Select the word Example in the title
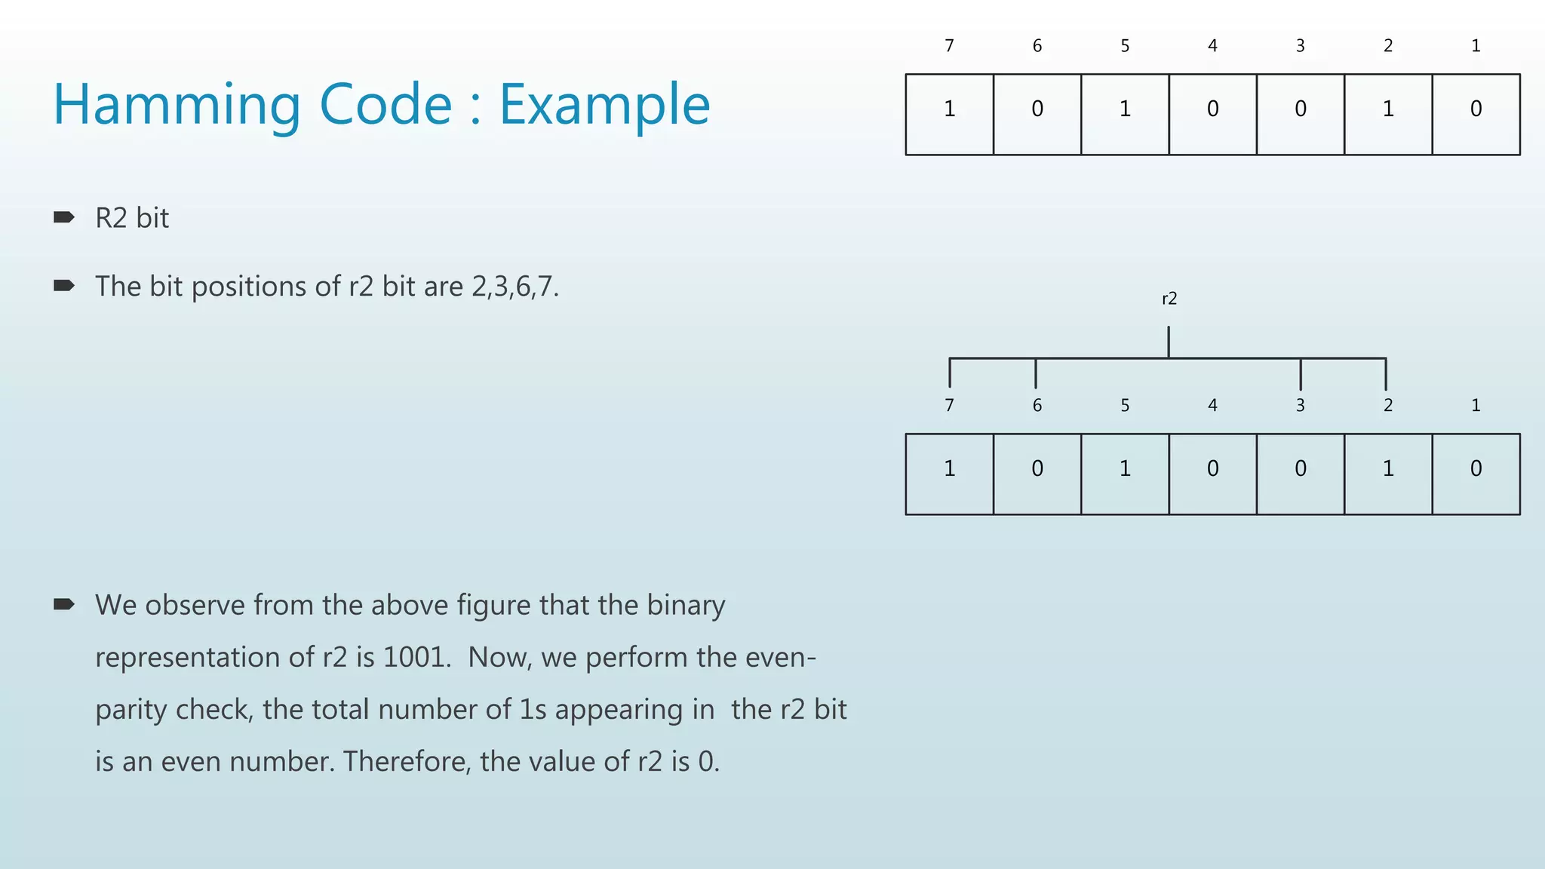coord(604,106)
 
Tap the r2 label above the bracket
coord(1169,299)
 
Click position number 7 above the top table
coord(949,46)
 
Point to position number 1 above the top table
coord(1476,46)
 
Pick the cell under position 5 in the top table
coord(1125,114)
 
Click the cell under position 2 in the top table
coord(1388,114)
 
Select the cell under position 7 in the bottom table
coord(949,474)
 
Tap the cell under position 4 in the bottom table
coord(1212,474)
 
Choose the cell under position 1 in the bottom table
coord(1476,474)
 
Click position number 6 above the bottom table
coord(1037,406)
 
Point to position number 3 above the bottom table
coord(1301,406)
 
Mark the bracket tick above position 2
coord(1386,373)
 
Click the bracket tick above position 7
coord(950,373)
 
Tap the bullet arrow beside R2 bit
coord(64,218)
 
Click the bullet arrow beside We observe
coord(64,604)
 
